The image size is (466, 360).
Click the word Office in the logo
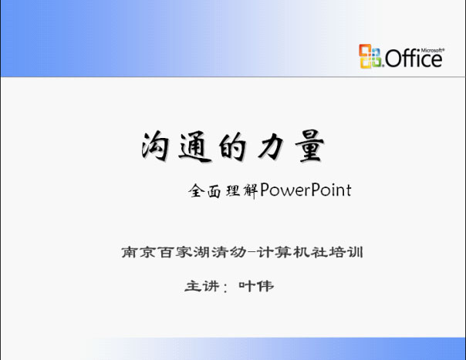(414, 59)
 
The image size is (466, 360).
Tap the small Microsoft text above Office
(433, 51)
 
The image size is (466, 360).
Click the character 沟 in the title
(155, 146)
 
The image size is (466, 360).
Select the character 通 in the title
(195, 147)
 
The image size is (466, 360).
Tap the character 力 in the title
(271, 146)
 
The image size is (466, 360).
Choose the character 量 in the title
(309, 146)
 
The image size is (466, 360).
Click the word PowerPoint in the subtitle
(306, 190)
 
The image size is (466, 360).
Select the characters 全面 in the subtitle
(204, 190)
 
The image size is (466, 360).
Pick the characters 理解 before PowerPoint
(241, 190)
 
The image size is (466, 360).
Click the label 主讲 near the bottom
(202, 286)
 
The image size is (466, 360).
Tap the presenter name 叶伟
(256, 286)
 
